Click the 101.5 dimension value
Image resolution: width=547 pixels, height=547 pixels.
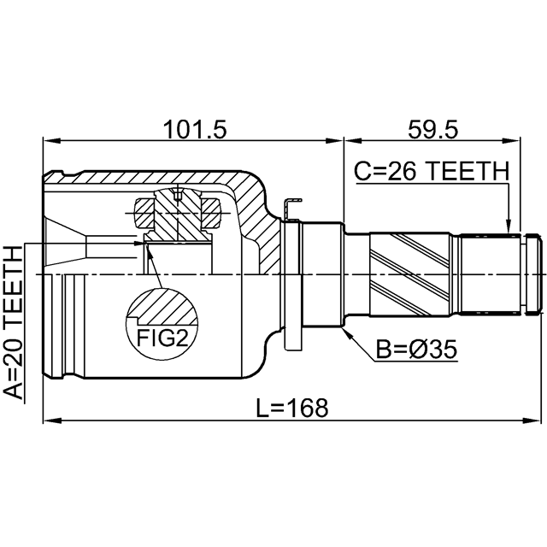tap(195, 129)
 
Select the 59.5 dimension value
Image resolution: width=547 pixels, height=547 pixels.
tap(432, 129)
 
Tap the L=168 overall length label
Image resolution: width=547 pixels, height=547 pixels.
tap(292, 409)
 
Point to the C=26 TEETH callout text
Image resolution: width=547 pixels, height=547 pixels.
tap(432, 171)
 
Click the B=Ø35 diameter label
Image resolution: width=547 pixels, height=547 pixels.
tap(416, 350)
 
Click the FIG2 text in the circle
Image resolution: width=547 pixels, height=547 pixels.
tap(162, 338)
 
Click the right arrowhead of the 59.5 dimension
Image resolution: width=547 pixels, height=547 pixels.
tap(511, 141)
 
